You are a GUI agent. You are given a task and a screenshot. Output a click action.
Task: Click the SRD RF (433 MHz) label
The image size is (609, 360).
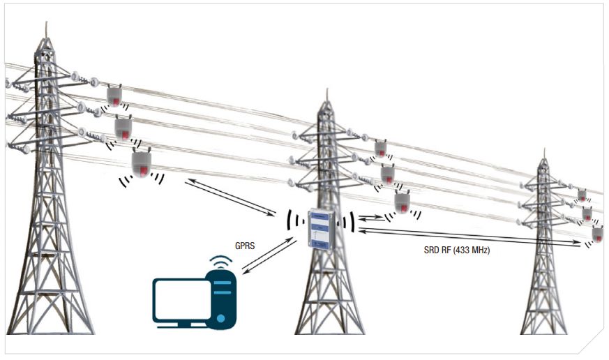[458, 250]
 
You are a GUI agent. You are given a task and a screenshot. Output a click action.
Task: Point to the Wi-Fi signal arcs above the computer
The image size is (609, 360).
[221, 264]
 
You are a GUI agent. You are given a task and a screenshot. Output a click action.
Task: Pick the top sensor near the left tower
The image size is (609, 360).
[115, 95]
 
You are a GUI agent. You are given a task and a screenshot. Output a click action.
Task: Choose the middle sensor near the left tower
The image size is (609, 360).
[123, 128]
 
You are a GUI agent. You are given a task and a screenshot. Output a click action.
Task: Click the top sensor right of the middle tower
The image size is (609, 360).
[381, 149]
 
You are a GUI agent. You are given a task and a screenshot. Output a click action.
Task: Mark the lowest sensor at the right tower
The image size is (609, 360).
[598, 233]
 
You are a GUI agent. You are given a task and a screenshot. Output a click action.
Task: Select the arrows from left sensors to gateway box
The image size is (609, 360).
[232, 197]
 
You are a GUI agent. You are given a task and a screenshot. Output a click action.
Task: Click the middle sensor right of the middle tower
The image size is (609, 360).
[388, 173]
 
